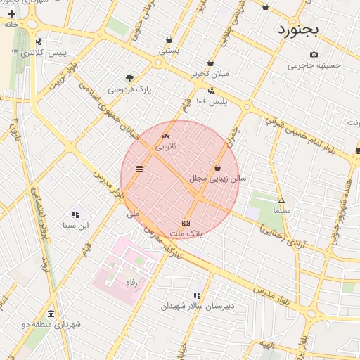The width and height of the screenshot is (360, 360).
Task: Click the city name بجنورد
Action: [x=298, y=30]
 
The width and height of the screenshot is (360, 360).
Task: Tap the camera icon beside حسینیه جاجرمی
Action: [x=314, y=55]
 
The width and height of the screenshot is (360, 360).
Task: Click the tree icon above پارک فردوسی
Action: [x=129, y=78]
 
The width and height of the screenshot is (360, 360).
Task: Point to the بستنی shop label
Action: [x=169, y=51]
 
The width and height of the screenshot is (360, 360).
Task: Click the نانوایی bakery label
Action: [x=166, y=147]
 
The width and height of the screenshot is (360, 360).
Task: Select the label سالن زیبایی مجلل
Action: [x=218, y=179]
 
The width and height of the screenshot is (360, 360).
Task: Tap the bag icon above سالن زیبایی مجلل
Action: [x=218, y=168]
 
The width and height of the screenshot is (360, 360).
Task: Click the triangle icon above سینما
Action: [x=281, y=200]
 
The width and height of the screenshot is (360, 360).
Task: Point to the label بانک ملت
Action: [x=186, y=232]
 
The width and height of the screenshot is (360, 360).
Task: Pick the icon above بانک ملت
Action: [x=186, y=222]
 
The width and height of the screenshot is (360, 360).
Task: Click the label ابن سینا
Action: [x=75, y=226]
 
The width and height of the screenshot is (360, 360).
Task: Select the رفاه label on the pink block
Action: [x=130, y=282]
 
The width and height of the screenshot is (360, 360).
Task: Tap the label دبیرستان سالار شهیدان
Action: [x=197, y=306]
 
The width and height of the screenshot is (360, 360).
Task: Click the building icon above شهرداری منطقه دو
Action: [x=51, y=314]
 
